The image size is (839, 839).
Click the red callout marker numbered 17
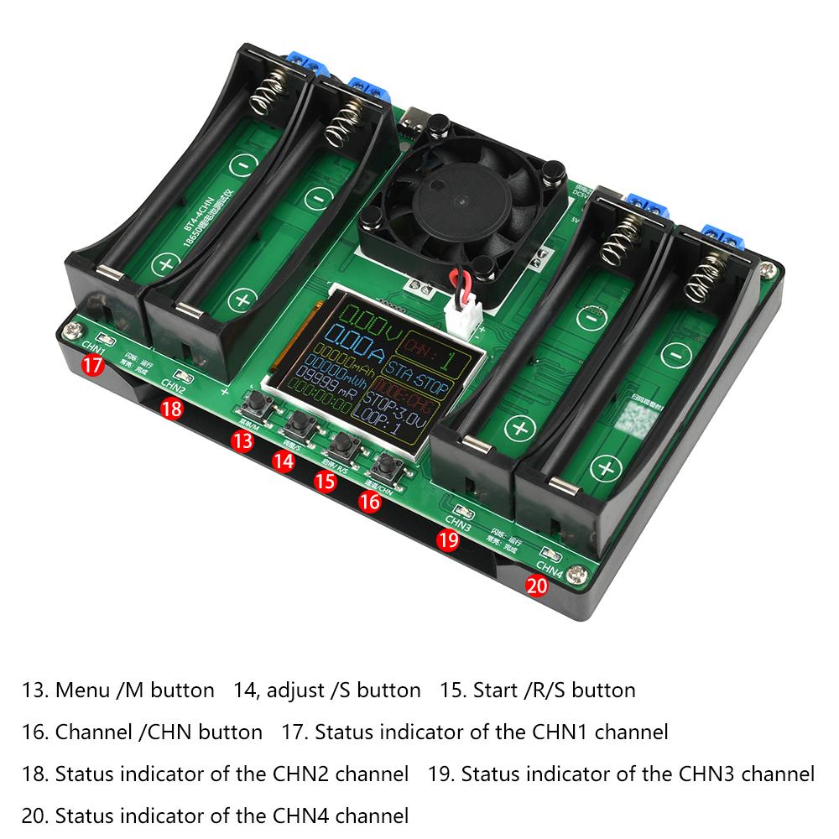pos(93,365)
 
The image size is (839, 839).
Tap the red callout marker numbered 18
pos(172,409)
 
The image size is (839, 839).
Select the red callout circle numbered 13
pos(242,441)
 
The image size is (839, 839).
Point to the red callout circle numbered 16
pos(369,501)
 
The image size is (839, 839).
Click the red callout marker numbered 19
pos(448,541)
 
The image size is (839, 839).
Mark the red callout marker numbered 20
pos(536,586)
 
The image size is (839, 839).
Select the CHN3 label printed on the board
pos(458,521)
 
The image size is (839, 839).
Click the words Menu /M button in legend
pos(117,690)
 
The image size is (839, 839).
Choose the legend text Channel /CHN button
pos(143,732)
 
